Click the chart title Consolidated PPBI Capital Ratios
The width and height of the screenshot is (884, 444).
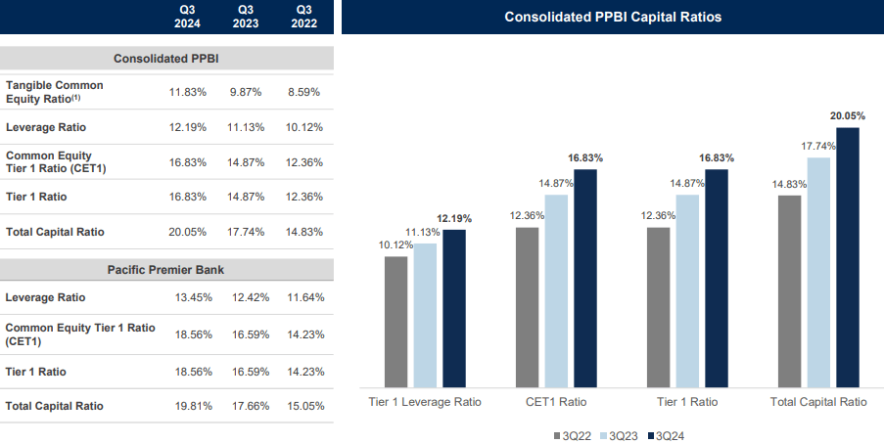point(612,17)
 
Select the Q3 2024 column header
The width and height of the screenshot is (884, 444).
point(187,17)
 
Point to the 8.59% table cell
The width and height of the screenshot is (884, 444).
point(304,92)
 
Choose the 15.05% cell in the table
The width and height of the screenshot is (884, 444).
point(304,406)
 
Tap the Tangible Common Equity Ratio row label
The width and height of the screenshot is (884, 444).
point(55,92)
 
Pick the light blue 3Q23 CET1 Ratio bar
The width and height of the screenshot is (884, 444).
point(556,289)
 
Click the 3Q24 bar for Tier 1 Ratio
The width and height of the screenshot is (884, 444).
point(717,278)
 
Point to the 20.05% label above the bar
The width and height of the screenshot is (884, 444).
point(848,115)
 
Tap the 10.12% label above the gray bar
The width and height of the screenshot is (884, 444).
point(395,244)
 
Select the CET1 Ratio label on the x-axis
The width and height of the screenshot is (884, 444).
point(556,402)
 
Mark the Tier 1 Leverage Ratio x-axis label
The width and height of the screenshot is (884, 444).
point(425,402)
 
